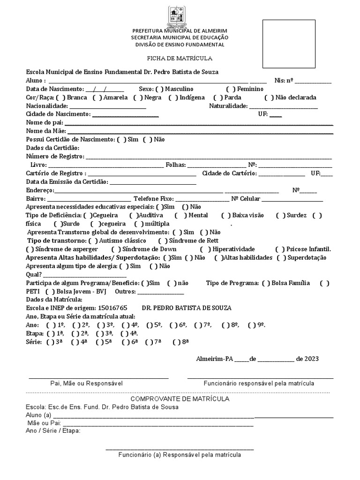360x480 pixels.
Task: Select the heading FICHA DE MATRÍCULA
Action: tap(180, 59)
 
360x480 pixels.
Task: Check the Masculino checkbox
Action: tap(159, 89)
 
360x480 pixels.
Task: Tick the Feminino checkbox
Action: tap(230, 89)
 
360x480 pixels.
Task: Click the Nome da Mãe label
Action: tap(45, 131)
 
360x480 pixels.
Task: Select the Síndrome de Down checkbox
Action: tap(116, 249)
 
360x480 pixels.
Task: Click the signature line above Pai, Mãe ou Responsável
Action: tap(98, 377)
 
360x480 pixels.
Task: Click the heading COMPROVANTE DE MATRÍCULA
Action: tap(180, 399)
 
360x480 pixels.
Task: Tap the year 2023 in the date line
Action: tap(311, 359)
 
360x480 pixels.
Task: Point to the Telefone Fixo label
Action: tap(153, 199)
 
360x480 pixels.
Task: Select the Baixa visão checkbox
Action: tap(228, 216)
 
